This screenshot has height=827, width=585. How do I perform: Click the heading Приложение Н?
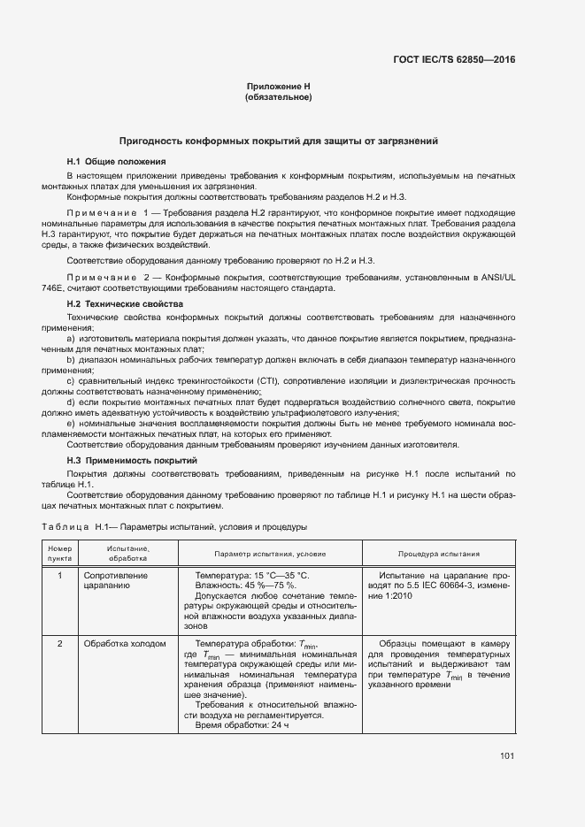278,86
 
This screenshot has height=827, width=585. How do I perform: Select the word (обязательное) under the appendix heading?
278,96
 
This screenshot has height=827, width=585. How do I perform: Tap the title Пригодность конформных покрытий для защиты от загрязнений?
278,141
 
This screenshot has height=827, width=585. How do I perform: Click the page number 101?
507,755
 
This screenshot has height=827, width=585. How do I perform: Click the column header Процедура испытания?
439,554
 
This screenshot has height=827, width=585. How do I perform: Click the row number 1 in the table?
59,575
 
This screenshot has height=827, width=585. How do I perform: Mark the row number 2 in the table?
59,644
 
